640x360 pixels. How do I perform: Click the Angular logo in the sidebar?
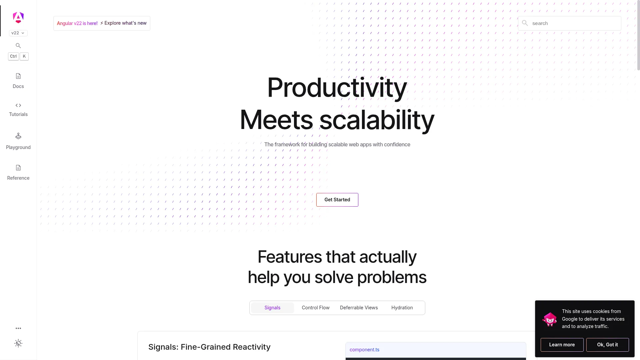[x=18, y=17]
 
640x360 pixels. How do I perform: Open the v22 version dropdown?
[x=18, y=33]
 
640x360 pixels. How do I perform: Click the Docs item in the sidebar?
[x=18, y=81]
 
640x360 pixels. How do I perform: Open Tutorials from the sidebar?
[x=18, y=110]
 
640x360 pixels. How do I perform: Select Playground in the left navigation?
[x=18, y=141]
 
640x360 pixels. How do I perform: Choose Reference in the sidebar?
[x=18, y=173]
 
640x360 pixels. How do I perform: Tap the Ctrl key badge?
[x=13, y=56]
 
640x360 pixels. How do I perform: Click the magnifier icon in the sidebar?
[x=18, y=46]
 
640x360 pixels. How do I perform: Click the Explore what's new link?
[x=123, y=23]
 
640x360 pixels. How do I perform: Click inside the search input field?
[x=570, y=23]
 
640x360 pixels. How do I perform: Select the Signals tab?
[x=272, y=308]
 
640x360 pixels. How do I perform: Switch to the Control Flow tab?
[x=316, y=308]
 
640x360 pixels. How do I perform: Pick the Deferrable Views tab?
[x=359, y=308]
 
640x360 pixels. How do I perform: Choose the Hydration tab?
[x=402, y=308]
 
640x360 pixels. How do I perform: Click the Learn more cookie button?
[x=562, y=345]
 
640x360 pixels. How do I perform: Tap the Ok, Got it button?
[x=608, y=345]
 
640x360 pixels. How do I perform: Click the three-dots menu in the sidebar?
[x=18, y=328]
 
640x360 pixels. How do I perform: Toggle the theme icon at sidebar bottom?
[x=18, y=343]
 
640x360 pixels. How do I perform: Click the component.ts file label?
[x=364, y=350]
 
